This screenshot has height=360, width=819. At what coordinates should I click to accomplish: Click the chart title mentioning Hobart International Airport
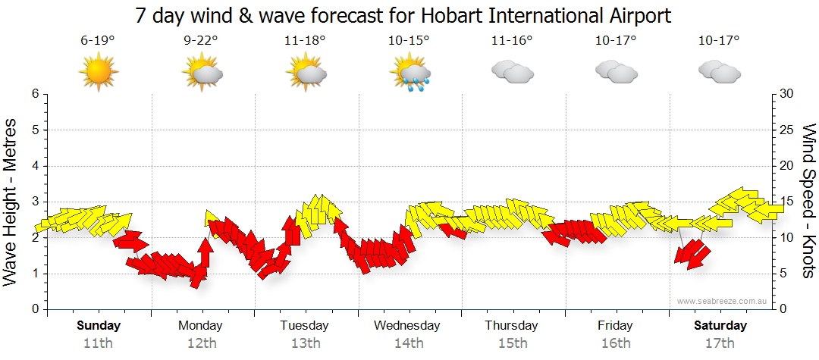pos(403,15)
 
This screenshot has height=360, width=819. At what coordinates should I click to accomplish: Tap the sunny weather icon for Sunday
pos(99,74)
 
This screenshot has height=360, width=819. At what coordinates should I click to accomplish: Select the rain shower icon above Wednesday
pos(409,74)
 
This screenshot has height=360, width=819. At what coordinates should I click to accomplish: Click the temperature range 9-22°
pos(202,42)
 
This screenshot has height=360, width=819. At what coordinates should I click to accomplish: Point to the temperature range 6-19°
pos(98,42)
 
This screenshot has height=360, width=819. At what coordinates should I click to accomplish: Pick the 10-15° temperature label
pos(409,42)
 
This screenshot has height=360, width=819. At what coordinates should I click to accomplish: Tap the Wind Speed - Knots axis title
pos(808,201)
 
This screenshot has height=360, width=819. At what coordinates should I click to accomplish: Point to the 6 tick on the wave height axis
pos(34,94)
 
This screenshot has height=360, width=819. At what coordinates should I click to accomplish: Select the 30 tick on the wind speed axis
pos(787,94)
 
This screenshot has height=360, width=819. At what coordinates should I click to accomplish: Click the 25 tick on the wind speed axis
pos(787,130)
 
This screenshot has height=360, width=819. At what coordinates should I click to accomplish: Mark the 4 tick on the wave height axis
pos(34,166)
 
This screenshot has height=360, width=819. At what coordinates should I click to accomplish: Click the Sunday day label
pos(99,326)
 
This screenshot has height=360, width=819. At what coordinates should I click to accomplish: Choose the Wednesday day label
pos(406,326)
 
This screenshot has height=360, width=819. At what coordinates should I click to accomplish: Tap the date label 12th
pos(201,343)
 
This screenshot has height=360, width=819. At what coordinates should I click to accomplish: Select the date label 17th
pos(720,343)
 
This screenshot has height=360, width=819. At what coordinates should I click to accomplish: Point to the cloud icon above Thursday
pos(512,72)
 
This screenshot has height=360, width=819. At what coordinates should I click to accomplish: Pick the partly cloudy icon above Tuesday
pos(306,74)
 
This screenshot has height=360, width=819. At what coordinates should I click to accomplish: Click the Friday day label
pos(615,326)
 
